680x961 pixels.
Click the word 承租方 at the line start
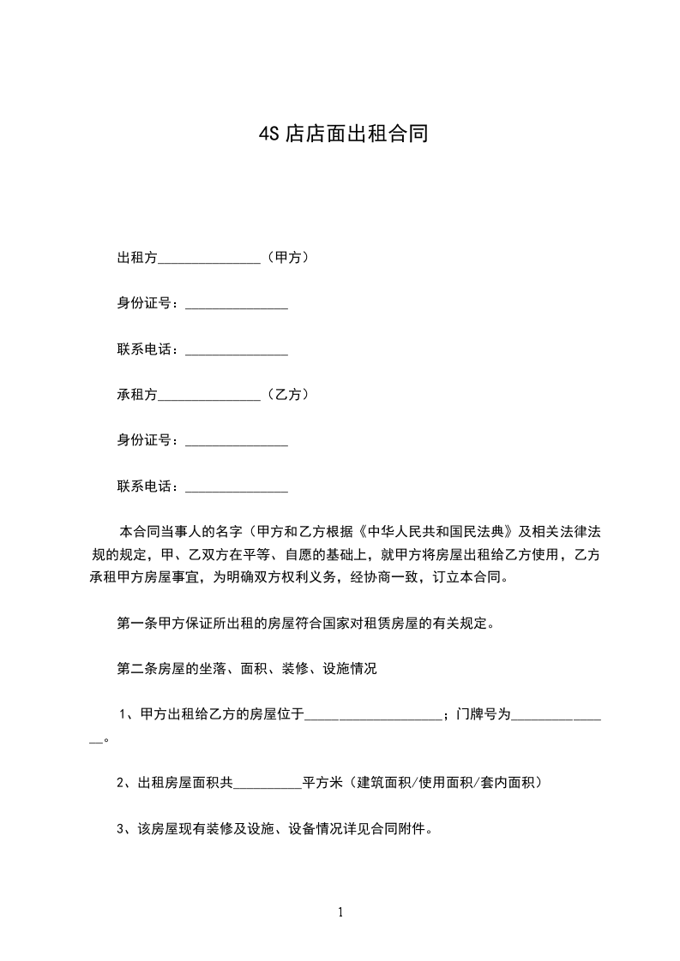(137, 395)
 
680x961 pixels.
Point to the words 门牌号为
(484, 714)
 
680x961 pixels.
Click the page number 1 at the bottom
(340, 912)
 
